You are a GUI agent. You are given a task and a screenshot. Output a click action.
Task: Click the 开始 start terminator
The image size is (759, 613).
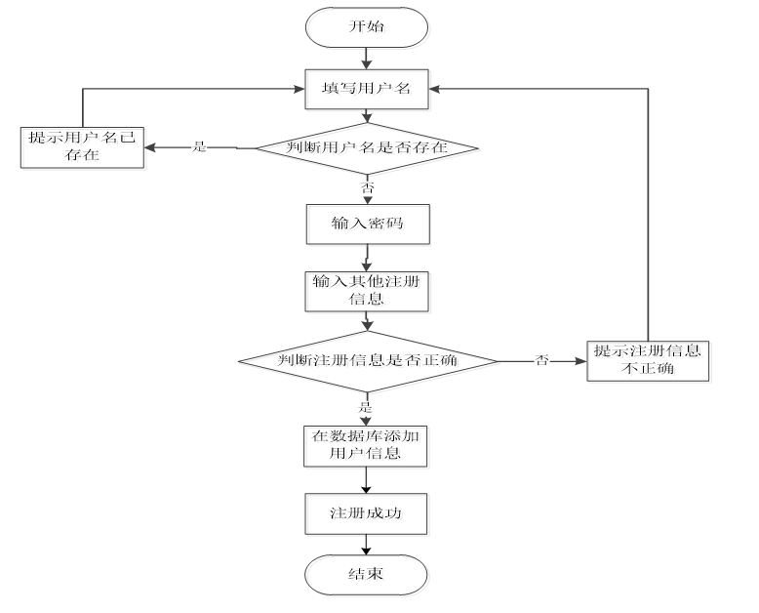point(368,28)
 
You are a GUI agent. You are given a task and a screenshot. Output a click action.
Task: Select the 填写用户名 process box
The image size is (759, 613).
point(368,90)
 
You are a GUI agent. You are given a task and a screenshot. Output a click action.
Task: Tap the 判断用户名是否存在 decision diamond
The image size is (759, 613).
point(369,149)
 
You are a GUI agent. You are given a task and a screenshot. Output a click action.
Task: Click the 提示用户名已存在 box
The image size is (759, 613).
point(85,148)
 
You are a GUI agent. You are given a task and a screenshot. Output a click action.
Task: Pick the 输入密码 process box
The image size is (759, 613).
point(368,225)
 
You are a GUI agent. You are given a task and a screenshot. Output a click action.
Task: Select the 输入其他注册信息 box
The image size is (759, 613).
point(368,292)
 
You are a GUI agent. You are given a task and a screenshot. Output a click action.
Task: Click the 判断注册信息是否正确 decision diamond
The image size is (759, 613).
point(369,361)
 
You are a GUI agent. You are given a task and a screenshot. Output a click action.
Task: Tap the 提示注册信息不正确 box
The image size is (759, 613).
point(650,361)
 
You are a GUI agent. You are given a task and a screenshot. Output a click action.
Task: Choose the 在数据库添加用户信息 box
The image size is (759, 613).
point(368,447)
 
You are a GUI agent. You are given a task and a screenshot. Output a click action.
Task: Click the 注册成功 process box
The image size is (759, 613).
point(368,514)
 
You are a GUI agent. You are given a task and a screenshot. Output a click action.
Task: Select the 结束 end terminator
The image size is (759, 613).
point(368,575)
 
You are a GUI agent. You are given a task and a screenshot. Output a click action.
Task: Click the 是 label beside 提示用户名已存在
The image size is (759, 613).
point(199,147)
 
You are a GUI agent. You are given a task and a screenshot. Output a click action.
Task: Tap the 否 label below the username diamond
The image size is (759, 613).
point(367,187)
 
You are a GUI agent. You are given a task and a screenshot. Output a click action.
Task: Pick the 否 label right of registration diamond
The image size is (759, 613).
point(542,361)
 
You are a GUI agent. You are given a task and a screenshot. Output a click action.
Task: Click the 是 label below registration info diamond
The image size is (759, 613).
point(367,407)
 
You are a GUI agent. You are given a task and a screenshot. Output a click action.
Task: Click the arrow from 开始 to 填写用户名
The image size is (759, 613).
point(368,59)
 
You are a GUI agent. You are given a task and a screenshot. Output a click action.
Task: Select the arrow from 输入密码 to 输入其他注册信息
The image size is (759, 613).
point(368,259)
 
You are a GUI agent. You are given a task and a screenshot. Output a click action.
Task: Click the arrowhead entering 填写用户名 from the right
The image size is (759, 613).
point(436,89)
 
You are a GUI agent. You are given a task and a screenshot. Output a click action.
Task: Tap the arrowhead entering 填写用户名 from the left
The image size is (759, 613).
point(300,89)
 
